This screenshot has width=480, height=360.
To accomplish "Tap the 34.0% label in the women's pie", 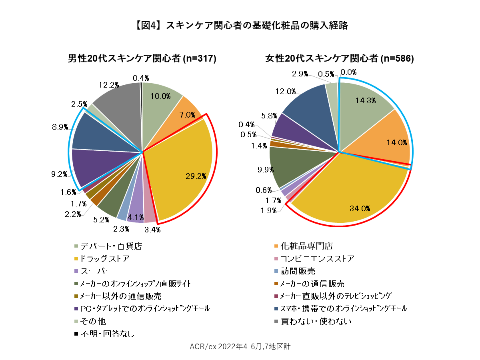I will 360,208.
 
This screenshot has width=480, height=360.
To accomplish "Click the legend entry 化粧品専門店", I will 307,246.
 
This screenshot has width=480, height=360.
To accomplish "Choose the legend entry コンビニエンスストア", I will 317,258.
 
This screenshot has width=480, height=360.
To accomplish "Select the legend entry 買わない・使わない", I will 316,321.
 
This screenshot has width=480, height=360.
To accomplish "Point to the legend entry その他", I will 93,321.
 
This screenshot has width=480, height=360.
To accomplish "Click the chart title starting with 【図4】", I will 240,26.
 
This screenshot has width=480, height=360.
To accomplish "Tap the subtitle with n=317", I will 142,58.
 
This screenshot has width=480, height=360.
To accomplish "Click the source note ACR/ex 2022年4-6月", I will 240,346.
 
